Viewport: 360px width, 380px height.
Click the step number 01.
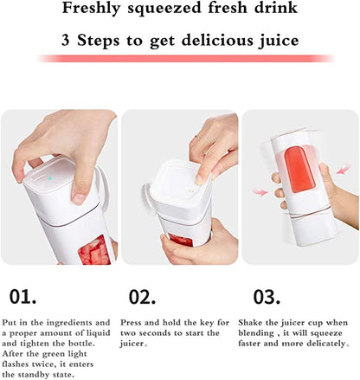pyautogui.click(x=23, y=296)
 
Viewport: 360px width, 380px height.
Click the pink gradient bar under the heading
pyautogui.click(x=180, y=58)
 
